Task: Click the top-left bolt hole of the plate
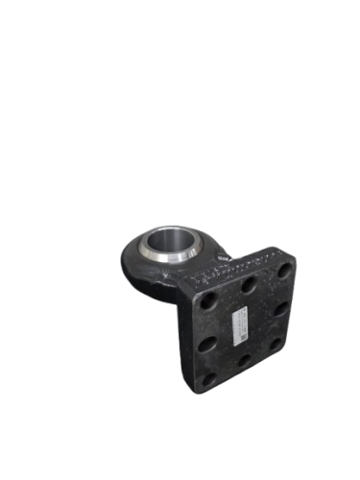click(209, 300)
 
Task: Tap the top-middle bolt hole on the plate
click(248, 285)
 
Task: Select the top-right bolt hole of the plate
click(283, 272)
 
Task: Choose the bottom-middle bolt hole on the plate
click(243, 361)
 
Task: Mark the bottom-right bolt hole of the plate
click(276, 344)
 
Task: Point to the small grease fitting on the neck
click(225, 256)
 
